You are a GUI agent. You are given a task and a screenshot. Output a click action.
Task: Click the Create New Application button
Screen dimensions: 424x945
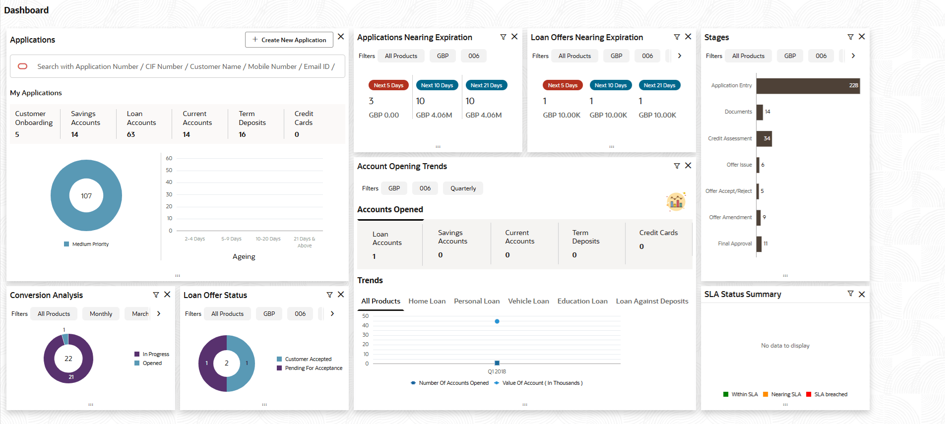[289, 40]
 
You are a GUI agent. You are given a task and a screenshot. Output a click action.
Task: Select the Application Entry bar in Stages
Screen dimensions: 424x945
[807, 86]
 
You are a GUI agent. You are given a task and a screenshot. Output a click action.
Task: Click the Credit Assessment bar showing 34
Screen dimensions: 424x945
[764, 138]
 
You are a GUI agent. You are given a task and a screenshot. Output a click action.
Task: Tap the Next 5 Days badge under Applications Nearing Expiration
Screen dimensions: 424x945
[388, 85]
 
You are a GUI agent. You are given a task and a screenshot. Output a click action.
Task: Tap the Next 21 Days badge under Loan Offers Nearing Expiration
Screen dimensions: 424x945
[659, 85]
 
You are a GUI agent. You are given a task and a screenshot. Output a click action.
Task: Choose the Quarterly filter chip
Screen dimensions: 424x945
[463, 188]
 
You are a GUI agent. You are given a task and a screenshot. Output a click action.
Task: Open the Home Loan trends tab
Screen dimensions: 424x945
[427, 301]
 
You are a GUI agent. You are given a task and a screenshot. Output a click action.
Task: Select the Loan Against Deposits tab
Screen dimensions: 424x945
[652, 301]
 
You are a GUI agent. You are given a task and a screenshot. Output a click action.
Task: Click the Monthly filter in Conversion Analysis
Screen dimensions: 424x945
[101, 314]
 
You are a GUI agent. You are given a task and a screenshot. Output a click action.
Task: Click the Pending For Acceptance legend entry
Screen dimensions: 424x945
[313, 368]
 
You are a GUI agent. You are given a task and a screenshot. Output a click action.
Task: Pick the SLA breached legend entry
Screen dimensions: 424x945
[830, 394]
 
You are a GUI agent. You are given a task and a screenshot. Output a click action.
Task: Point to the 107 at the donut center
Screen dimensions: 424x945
[86, 196]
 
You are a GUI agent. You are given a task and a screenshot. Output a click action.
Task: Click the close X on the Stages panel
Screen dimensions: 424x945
[862, 37]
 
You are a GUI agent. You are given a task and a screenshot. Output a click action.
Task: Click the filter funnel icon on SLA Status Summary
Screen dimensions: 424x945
[850, 294]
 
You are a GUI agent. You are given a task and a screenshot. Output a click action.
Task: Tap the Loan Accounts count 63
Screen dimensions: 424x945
[131, 134]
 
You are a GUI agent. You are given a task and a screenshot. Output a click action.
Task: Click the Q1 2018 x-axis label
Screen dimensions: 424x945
[497, 371]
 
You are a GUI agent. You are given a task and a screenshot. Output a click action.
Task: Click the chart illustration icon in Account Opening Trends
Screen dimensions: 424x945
[676, 201]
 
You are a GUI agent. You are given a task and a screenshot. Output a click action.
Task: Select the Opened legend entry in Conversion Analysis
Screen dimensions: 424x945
[152, 363]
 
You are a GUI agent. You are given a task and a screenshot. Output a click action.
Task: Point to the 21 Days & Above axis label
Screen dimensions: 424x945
[305, 242]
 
